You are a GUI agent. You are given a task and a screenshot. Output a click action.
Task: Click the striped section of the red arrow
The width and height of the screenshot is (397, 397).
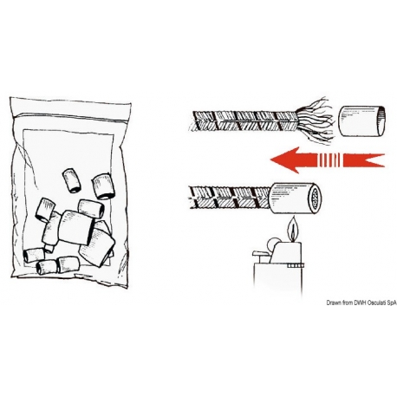click(x=331, y=159)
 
